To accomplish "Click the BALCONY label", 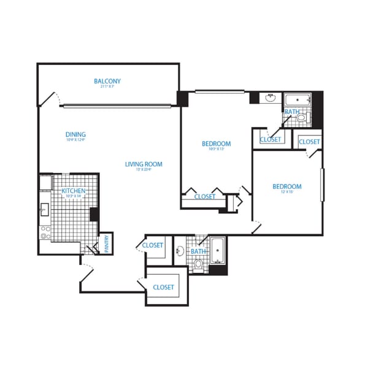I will (x=107, y=82).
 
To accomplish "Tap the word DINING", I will (x=75, y=135).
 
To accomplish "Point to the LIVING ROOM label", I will (x=144, y=164).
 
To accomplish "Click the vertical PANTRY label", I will (x=106, y=244).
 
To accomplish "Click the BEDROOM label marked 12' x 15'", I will (x=287, y=186).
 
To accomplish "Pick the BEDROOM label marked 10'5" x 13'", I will (x=217, y=144).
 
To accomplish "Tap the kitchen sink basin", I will (x=44, y=210).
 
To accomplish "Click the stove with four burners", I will (x=45, y=232).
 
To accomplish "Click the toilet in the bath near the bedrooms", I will (x=301, y=118).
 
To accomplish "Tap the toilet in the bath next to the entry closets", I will (x=197, y=264).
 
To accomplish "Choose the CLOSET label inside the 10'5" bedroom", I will (x=205, y=197).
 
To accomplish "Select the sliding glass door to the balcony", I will (x=117, y=106).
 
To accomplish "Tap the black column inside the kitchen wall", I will (x=94, y=215).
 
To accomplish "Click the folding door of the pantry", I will (x=91, y=248).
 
